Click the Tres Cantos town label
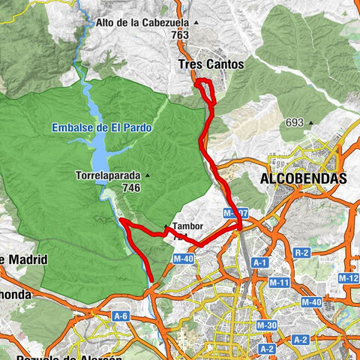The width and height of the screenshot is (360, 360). tap(211, 64)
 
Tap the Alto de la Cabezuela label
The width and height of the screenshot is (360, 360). tap(141, 22)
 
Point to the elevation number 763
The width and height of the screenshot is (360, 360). tap(179, 34)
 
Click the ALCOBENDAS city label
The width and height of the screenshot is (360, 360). tap(303, 178)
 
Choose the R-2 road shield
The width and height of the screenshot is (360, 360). tap(302, 253)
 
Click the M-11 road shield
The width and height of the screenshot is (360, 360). tap(279, 283)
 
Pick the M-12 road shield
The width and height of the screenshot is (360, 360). tap(348, 278)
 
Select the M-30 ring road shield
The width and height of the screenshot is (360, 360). tap(265, 325)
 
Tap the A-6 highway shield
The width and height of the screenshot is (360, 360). tap(120, 316)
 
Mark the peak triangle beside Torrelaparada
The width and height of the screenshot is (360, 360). tap(147, 176)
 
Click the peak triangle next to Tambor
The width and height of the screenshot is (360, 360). tap(166, 226)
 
